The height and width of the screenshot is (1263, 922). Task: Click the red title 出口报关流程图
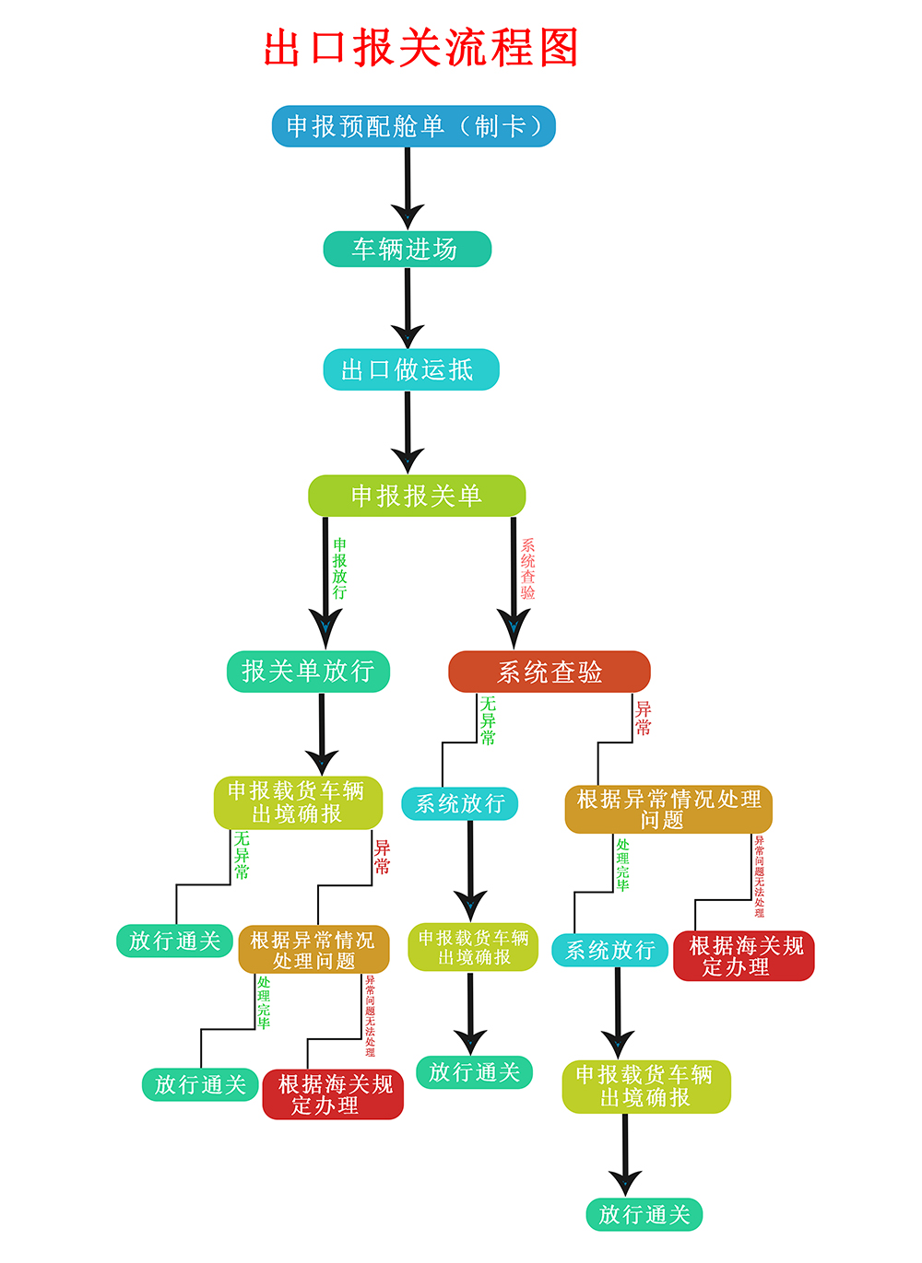tap(420, 48)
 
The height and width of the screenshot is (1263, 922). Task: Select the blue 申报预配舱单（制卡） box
tap(413, 126)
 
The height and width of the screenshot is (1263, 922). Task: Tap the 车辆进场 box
tap(407, 249)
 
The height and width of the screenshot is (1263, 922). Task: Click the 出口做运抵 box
tap(410, 369)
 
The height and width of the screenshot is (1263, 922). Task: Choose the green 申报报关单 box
tap(417, 496)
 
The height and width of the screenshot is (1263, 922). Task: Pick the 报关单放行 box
tap(308, 671)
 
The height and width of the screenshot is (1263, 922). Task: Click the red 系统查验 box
tap(550, 672)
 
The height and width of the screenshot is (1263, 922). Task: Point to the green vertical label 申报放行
tap(339, 568)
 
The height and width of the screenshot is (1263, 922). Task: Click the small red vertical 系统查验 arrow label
tap(527, 568)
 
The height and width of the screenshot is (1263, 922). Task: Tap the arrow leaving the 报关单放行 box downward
tap(322, 733)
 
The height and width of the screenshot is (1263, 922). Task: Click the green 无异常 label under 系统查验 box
tap(488, 720)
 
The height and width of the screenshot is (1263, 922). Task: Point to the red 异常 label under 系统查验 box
tap(643, 718)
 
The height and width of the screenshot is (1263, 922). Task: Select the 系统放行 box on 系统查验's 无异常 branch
tap(459, 803)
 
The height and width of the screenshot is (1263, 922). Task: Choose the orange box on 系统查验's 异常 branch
tap(668, 809)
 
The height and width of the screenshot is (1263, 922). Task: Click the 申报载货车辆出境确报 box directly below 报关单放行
tap(297, 802)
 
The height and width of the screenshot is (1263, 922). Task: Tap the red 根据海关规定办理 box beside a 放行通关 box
tap(333, 1094)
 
